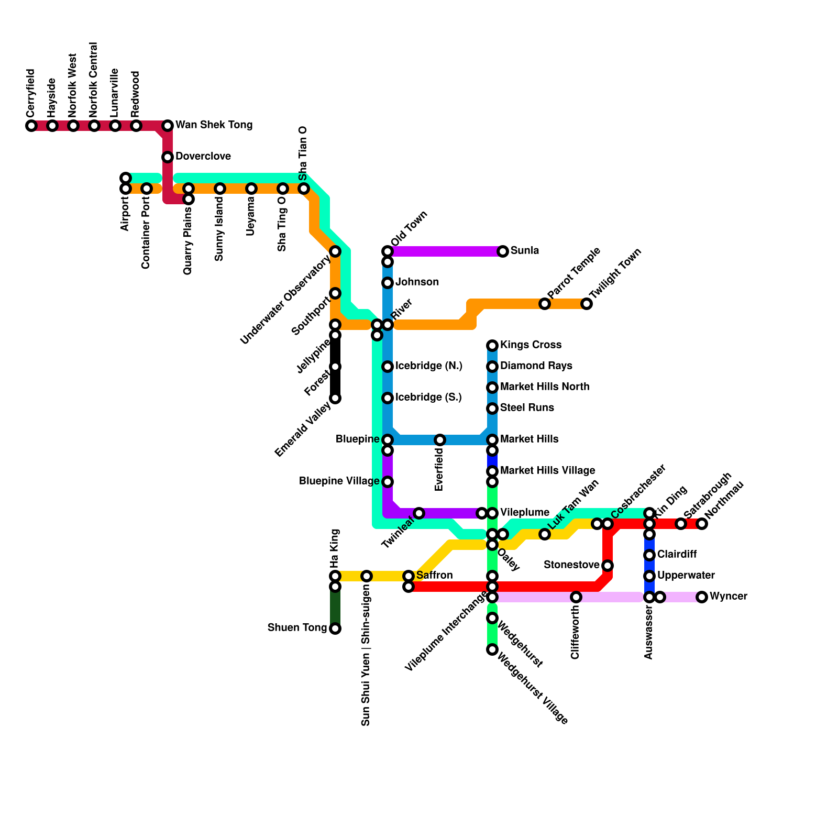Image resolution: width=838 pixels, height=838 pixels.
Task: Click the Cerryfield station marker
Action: [31, 126]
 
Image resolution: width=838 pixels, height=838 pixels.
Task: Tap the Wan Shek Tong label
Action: [214, 125]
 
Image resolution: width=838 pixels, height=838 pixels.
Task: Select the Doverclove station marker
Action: [168, 157]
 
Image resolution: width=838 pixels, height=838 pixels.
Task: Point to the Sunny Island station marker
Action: [220, 189]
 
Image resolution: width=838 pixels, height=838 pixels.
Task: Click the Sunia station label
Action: [524, 251]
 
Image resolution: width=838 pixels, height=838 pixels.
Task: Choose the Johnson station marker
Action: [388, 283]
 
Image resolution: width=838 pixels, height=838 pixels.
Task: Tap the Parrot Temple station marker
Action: [545, 304]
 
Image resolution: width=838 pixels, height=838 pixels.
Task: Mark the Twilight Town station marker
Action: [587, 304]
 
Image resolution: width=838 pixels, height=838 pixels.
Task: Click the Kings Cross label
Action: [531, 345]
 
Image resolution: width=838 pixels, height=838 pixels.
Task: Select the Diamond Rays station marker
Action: [492, 367]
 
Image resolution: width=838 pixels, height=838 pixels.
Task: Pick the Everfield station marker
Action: [440, 440]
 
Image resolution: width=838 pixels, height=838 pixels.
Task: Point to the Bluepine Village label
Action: [339, 481]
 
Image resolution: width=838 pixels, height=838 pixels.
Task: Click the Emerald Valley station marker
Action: [335, 398]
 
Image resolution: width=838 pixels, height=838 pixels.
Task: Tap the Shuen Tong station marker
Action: [335, 629]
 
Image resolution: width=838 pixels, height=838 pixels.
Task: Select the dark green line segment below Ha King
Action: [335, 608]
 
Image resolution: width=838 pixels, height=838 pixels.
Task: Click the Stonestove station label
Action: [571, 565]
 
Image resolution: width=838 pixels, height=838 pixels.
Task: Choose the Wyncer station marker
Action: [702, 597]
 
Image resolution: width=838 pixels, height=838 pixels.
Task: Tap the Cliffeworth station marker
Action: [576, 597]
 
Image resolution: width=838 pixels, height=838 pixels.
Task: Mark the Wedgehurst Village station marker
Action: [492, 649]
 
